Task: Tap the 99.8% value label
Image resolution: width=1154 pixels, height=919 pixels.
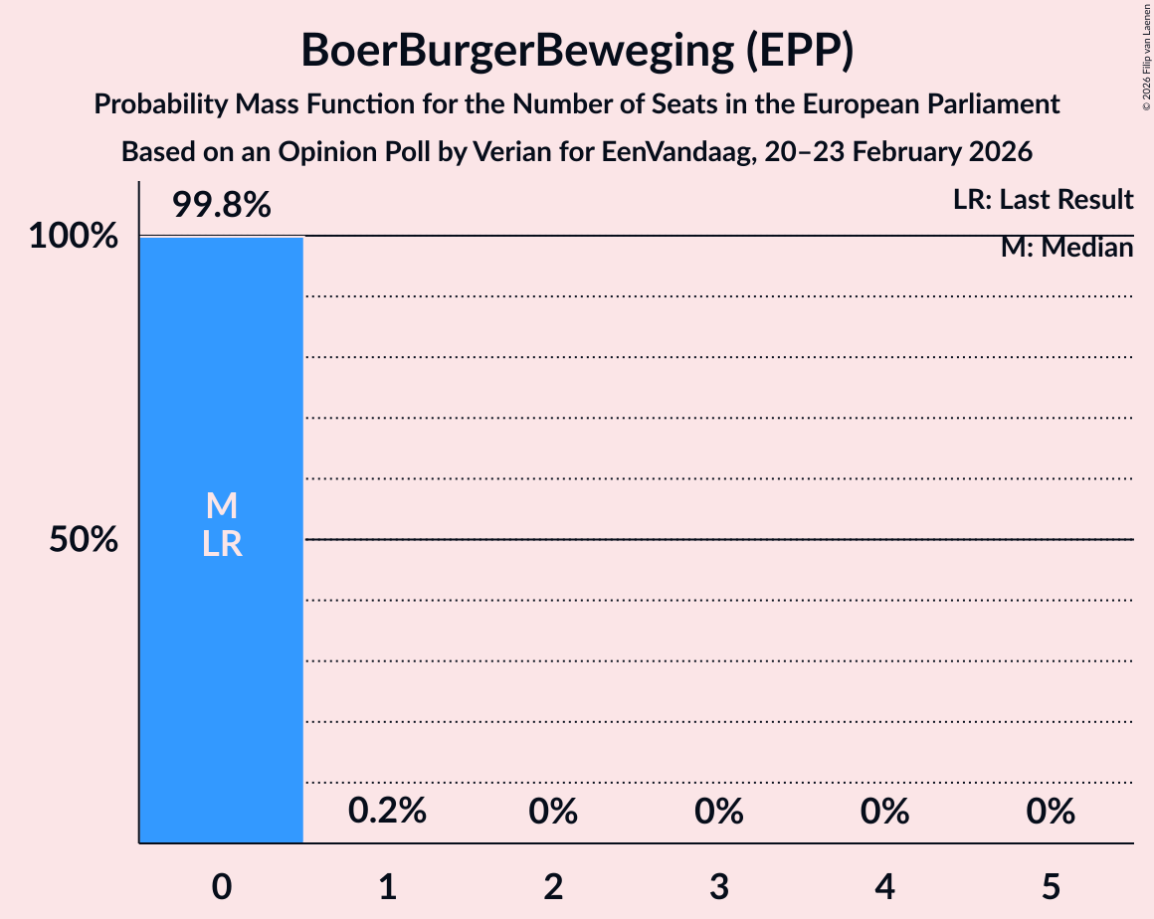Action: click(221, 205)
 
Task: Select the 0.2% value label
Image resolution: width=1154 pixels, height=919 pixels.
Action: click(387, 812)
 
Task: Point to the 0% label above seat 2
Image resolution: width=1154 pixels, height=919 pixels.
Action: click(553, 812)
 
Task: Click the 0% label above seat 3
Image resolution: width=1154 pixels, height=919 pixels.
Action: click(719, 812)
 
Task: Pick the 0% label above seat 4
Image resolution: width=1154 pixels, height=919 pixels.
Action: click(885, 812)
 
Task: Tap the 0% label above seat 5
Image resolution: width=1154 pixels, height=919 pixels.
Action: click(1051, 812)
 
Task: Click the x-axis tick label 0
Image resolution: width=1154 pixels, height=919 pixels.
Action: click(221, 887)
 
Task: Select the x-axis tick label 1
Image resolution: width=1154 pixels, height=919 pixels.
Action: click(387, 887)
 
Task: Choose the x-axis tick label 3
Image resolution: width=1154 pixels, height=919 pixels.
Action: click(719, 887)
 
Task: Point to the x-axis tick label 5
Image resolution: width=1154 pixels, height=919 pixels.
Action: click(1051, 887)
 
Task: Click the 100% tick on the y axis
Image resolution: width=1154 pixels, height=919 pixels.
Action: click(73, 237)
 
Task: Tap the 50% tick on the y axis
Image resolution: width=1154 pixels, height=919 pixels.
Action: click(85, 540)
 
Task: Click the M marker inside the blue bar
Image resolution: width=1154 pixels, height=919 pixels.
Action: click(221, 506)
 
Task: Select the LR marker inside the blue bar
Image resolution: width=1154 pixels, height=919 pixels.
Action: click(221, 544)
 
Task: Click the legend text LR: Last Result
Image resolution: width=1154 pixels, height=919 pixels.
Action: click(1043, 200)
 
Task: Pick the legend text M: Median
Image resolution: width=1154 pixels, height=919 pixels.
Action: click(1066, 248)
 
